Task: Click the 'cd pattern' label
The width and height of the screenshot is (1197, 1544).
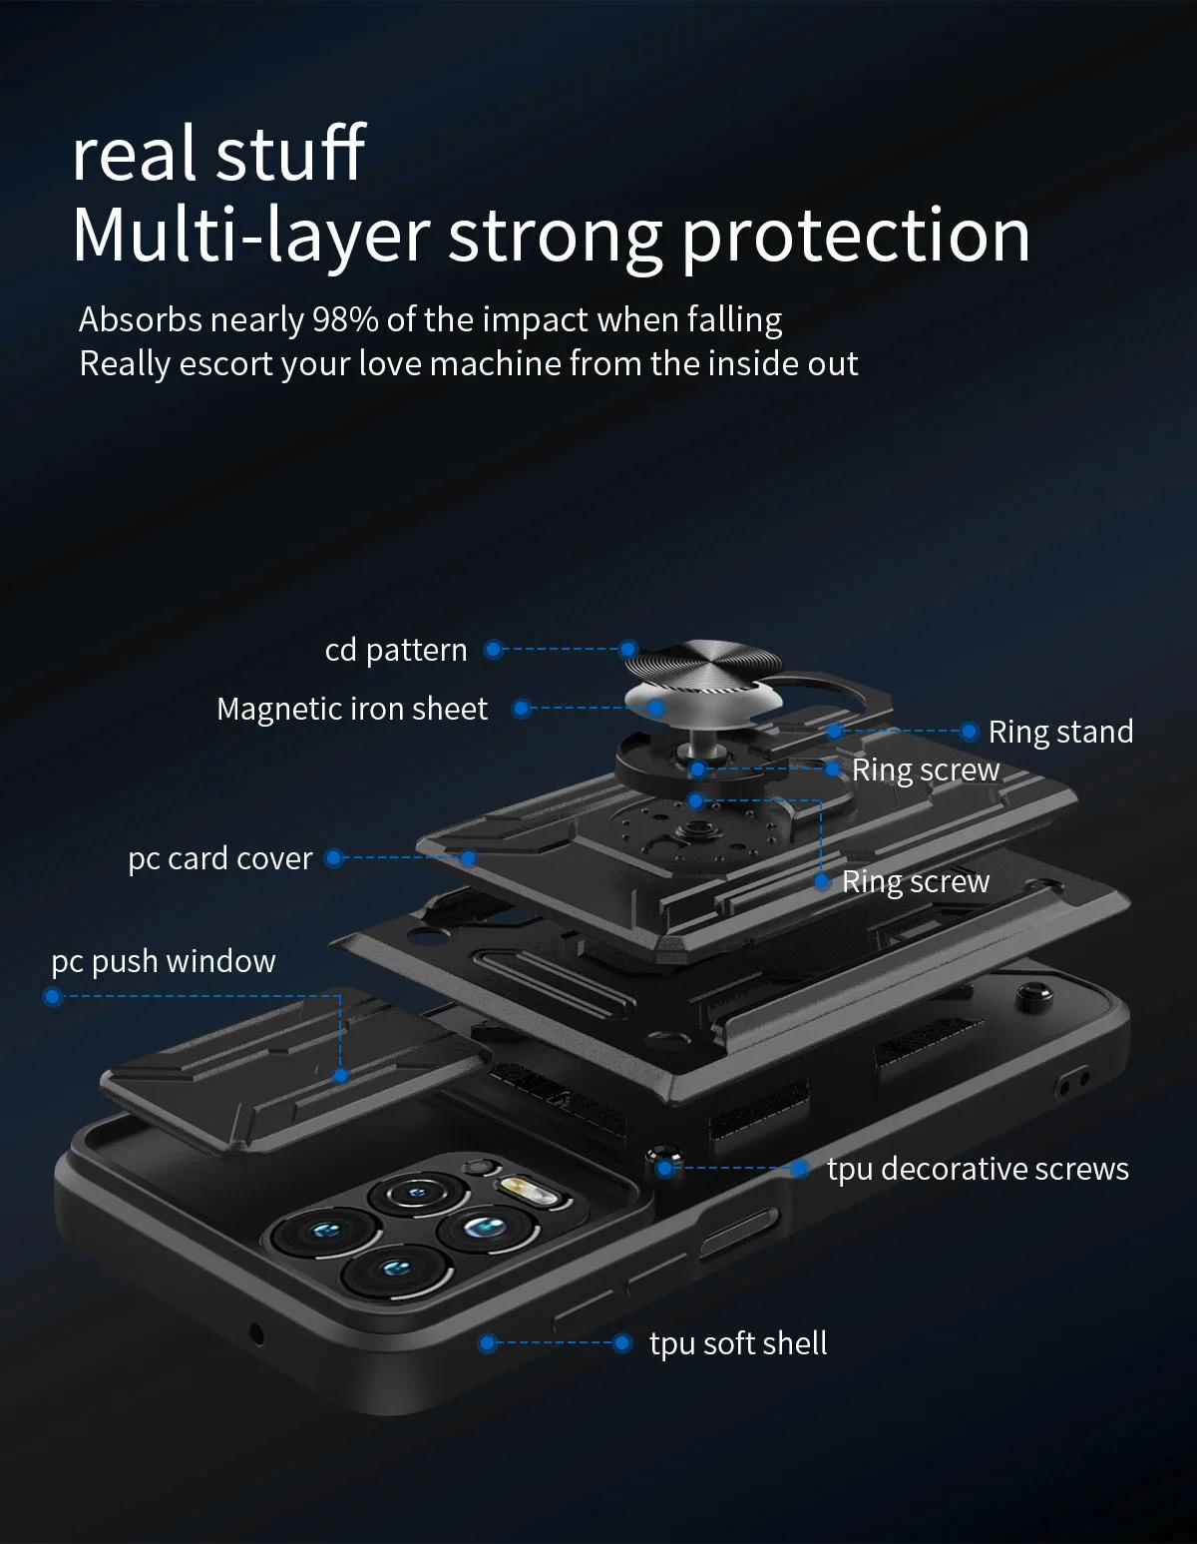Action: [x=396, y=650]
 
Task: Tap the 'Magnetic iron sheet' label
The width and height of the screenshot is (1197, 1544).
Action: [x=352, y=709]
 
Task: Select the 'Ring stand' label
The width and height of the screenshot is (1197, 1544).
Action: [x=1060, y=732]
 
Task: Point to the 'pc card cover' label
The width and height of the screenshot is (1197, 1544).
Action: [x=220, y=858]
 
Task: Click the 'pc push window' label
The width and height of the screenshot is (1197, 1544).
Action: [x=164, y=961]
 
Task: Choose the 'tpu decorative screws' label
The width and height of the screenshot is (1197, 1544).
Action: [x=978, y=1169]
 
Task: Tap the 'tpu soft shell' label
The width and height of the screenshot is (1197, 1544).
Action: [x=738, y=1343]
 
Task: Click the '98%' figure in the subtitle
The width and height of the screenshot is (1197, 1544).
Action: [x=345, y=319]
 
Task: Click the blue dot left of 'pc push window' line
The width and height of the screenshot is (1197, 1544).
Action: [x=54, y=996]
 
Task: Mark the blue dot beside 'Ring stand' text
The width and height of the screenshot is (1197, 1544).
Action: [x=969, y=732]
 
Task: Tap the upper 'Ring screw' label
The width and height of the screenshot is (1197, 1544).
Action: [x=925, y=770]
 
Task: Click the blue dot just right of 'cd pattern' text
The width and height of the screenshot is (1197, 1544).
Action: [x=493, y=650]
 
